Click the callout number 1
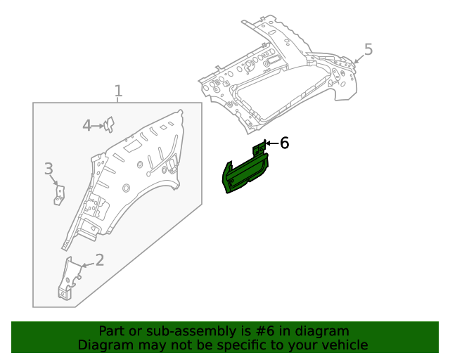click(119, 91)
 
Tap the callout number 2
click(100, 260)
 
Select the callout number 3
click(49, 169)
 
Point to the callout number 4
click(87, 125)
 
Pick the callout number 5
click(368, 49)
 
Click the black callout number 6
click(284, 143)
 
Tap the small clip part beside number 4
click(109, 124)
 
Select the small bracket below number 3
click(59, 195)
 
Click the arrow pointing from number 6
click(272, 143)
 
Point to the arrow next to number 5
click(359, 58)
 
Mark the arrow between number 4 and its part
click(98, 126)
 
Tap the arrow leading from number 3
click(53, 180)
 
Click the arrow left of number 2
click(89, 264)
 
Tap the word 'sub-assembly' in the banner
click(193, 332)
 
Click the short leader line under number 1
click(117, 100)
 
